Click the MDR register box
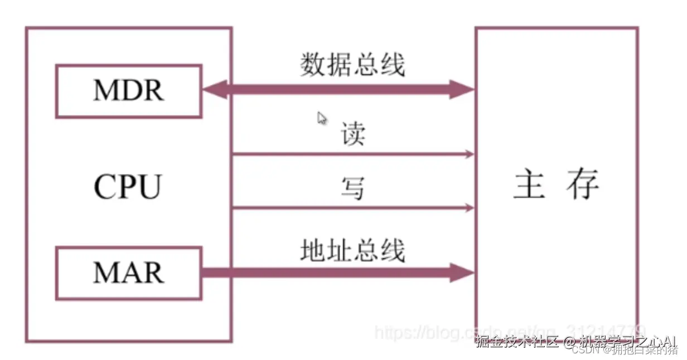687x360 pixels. (128, 91)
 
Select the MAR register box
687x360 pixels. (128, 273)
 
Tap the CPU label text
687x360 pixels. (128, 187)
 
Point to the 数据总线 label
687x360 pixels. (352, 65)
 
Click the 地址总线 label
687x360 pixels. (352, 251)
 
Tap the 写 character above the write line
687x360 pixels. (352, 188)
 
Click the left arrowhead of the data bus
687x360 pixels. (215, 89)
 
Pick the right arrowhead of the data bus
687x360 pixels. (462, 89)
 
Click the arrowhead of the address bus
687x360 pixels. (462, 273)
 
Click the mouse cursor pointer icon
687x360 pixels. (322, 118)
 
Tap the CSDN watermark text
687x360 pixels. (585, 351)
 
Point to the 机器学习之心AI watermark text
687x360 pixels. (628, 340)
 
